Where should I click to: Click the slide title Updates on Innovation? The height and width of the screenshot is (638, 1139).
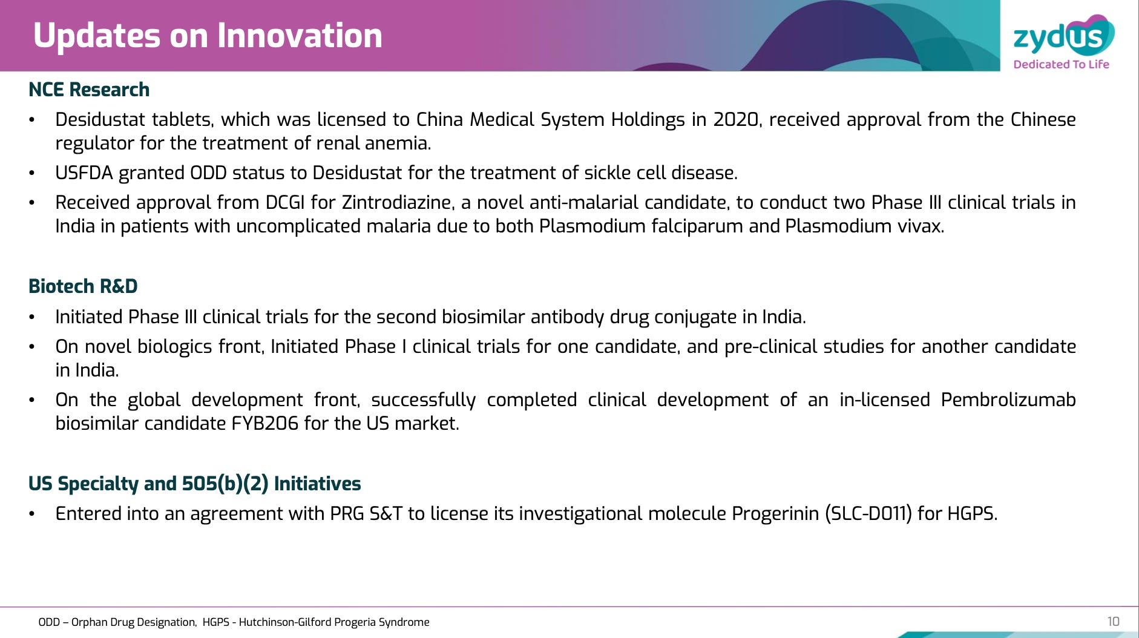[208, 36]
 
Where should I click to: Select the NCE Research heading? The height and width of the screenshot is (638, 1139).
[89, 90]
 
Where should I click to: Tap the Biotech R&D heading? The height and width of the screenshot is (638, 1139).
[83, 286]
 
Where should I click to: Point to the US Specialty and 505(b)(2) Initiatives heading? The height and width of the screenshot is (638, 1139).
[195, 484]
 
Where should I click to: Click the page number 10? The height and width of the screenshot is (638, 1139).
[1113, 622]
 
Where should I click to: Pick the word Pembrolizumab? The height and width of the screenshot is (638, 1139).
[1008, 400]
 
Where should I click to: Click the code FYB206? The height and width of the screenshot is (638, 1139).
[265, 423]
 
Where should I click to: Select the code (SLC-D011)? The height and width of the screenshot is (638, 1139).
[868, 514]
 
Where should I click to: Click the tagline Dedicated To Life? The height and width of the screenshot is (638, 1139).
[1062, 64]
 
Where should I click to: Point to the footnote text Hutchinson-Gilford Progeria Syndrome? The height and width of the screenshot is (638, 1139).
[334, 622]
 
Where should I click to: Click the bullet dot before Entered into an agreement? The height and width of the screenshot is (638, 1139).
[32, 515]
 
